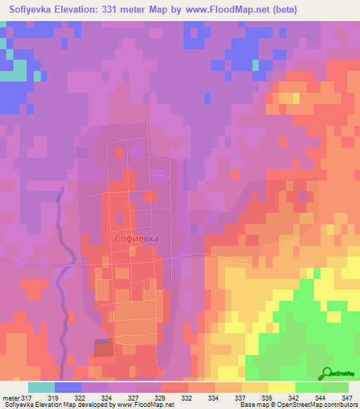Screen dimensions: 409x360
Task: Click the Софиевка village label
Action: click(136, 238)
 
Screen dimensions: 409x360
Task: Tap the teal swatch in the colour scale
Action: click(41, 387)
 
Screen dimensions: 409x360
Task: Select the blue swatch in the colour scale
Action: click(68, 387)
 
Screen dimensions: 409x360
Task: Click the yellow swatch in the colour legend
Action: click(281, 387)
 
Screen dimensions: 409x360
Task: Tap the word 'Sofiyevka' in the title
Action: click(34, 10)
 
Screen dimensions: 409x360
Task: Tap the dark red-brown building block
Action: click(103, 348)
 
